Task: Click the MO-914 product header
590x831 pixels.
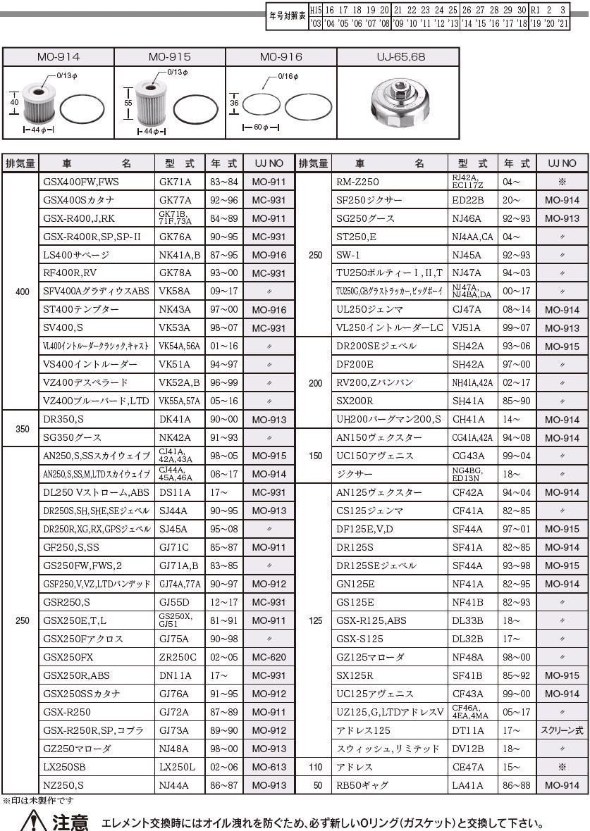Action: click(59, 56)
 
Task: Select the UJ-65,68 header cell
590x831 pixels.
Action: click(398, 56)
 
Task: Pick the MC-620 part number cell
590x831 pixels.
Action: click(269, 657)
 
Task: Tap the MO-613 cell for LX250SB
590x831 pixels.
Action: click(269, 767)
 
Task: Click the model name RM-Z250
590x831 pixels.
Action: click(358, 182)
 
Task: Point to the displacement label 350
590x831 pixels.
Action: click(22, 428)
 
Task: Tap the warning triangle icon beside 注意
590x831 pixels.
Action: click(35, 821)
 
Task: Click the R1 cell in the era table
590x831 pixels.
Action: click(536, 11)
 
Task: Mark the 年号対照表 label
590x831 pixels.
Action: click(287, 16)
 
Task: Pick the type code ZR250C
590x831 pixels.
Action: click(178, 657)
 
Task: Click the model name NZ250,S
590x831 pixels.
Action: click(63, 785)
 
